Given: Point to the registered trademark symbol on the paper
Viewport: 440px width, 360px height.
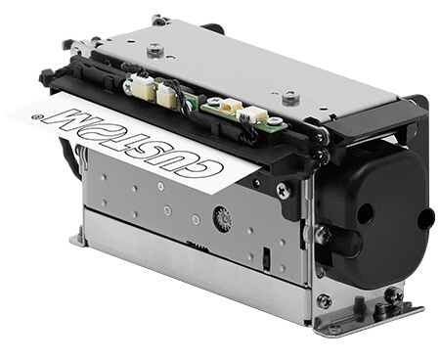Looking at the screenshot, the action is [35, 115].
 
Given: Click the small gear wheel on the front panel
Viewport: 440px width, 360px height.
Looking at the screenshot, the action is [223, 219].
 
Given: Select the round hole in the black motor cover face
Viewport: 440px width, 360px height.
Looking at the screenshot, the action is [365, 213].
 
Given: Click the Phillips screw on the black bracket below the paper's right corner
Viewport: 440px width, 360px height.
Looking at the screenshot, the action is [283, 191].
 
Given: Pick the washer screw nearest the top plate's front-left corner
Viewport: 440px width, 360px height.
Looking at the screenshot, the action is [155, 50].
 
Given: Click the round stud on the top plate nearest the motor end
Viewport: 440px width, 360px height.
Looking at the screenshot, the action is [290, 99].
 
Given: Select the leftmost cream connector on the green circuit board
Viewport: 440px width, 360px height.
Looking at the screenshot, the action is [143, 86].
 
